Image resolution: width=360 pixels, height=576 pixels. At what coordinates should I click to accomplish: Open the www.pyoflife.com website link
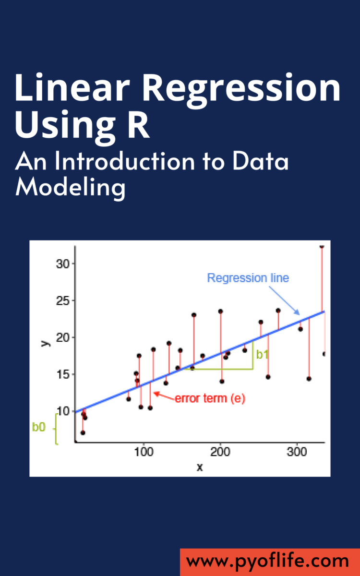click(x=267, y=561)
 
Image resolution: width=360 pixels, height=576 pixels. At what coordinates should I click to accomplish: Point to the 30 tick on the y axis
click(x=63, y=264)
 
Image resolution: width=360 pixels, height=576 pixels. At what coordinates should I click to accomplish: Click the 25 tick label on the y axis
click(x=63, y=300)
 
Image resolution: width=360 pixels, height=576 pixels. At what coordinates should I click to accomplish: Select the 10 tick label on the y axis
click(x=63, y=411)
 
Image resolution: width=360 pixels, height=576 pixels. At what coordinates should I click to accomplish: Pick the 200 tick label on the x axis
click(x=220, y=452)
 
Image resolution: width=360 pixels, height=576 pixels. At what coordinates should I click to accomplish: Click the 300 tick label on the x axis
click(x=297, y=452)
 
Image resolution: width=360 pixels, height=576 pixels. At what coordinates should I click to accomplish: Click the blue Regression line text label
click(x=248, y=277)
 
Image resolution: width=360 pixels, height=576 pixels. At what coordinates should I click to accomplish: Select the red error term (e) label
click(x=210, y=398)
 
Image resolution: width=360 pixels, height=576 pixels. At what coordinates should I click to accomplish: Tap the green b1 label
click(x=262, y=355)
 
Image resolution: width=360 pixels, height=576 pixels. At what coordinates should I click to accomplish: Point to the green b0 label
click(x=39, y=427)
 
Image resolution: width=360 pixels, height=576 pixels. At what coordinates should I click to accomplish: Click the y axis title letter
click(x=46, y=342)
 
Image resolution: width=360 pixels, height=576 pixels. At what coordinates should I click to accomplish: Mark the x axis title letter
click(x=200, y=467)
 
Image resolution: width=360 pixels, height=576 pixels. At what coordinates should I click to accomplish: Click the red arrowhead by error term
click(x=156, y=394)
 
